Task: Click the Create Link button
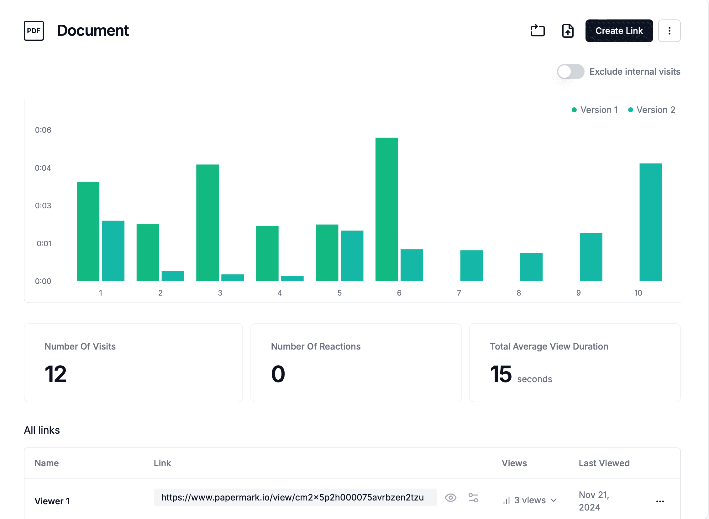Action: pos(619,31)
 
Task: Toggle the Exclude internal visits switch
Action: pos(570,72)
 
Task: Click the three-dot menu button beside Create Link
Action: pos(669,31)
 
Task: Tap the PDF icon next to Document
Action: pos(34,31)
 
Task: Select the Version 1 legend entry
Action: pos(595,110)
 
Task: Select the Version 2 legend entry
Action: pos(651,110)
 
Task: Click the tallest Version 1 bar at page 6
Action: pos(386,209)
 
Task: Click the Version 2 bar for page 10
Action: pos(650,222)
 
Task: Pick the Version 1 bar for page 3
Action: pos(207,223)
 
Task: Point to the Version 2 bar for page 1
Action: pos(113,251)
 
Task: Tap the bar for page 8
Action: pos(531,267)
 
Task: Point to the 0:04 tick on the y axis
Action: pos(43,168)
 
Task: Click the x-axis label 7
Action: pos(459,293)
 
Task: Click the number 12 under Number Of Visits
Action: pos(55,374)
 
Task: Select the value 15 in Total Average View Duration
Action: pos(501,374)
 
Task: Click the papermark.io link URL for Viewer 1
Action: pos(292,497)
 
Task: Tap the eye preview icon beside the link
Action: pos(450,498)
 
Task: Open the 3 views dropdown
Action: pos(530,500)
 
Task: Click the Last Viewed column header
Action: pos(604,463)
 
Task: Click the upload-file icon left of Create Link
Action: pos(567,31)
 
